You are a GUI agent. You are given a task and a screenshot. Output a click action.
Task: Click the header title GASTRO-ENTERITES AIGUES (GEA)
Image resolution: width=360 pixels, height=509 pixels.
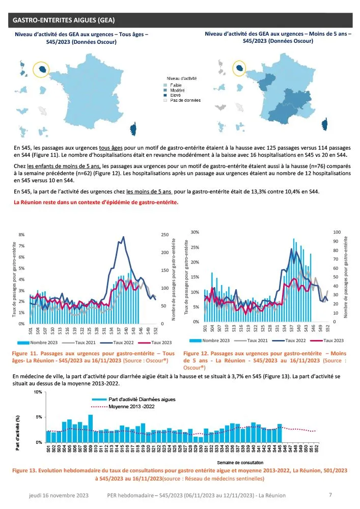point(63,20)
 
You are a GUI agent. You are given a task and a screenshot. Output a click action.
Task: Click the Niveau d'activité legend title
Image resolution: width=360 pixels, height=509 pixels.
point(182,78)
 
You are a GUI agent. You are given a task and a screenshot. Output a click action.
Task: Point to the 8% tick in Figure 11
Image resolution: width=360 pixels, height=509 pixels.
point(21,235)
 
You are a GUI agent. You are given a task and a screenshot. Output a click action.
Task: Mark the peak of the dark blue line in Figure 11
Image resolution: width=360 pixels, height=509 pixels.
point(123,237)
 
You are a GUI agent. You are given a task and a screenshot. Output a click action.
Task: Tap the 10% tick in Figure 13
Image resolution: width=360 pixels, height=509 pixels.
point(38,392)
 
